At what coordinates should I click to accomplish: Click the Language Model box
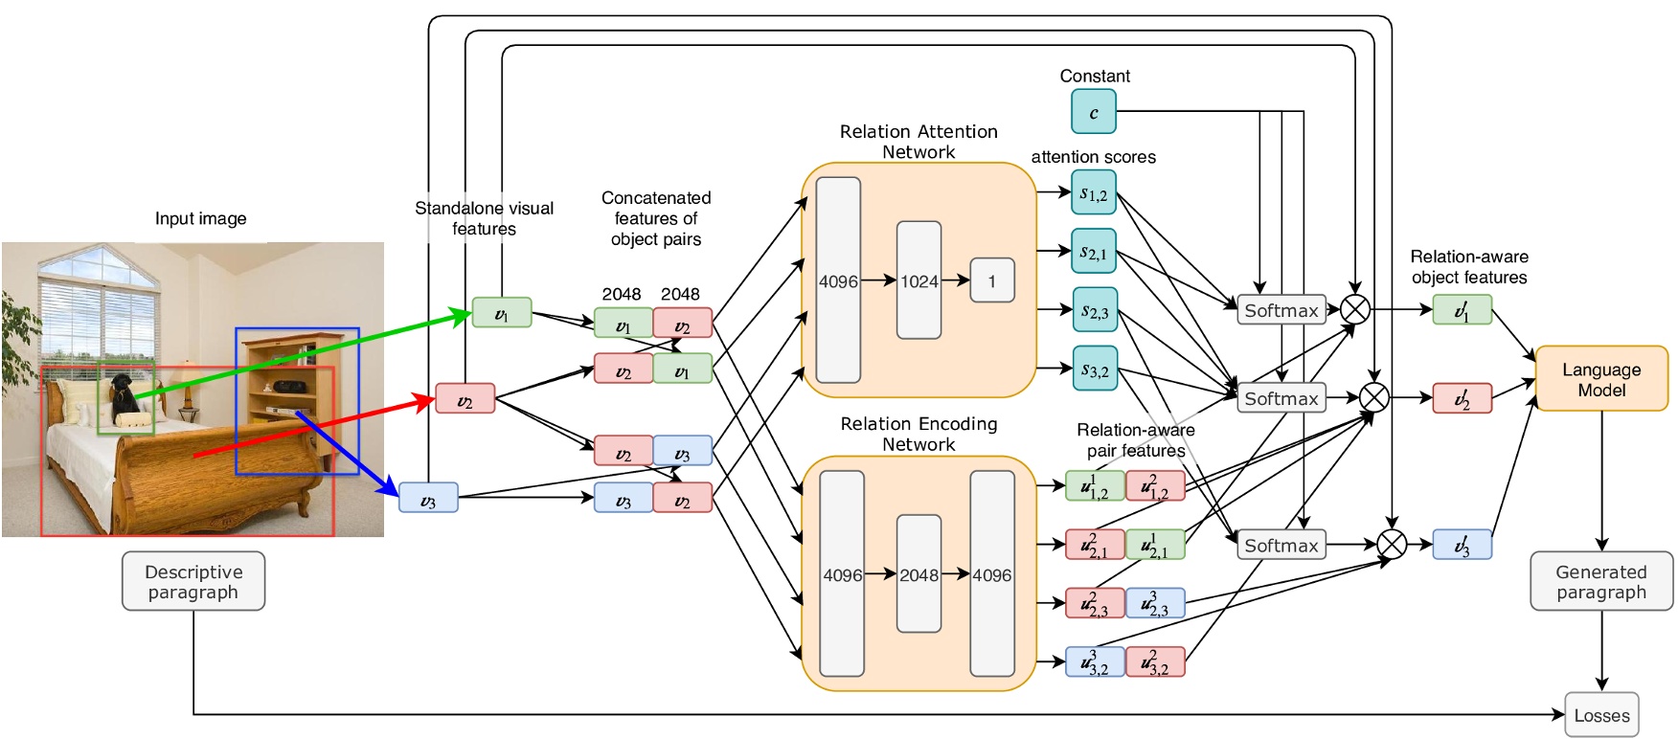click(x=1601, y=379)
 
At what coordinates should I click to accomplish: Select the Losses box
click(x=1601, y=715)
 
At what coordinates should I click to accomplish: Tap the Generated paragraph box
click(x=1601, y=581)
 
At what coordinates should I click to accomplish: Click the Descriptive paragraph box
click(x=193, y=581)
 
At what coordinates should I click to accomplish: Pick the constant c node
click(x=1094, y=112)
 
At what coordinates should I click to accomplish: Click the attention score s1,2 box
click(x=1094, y=192)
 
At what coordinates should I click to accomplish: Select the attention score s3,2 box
click(x=1094, y=369)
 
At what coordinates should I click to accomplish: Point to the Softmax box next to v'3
click(x=1281, y=546)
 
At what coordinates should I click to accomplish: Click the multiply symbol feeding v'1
click(x=1355, y=309)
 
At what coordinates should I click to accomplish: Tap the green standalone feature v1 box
click(x=501, y=313)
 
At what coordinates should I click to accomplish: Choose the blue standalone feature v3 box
click(x=428, y=498)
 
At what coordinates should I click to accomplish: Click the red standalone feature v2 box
click(x=465, y=398)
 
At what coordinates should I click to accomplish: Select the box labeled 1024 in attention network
click(x=918, y=280)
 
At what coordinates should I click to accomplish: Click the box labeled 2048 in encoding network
click(x=918, y=574)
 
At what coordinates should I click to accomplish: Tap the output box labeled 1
click(x=991, y=280)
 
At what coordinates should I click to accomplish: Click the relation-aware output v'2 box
click(x=1462, y=398)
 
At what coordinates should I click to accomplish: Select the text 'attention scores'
click(x=1093, y=157)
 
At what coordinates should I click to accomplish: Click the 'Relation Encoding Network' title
click(x=918, y=434)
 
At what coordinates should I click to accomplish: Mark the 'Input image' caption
click(x=200, y=218)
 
